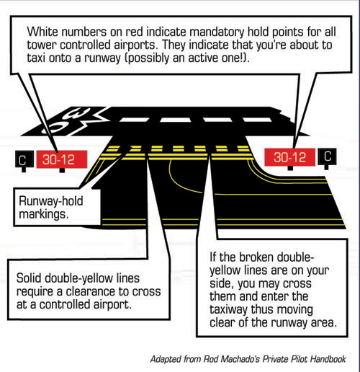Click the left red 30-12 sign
[x=62, y=159]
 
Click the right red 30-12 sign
[x=289, y=157]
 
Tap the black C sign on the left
[x=24, y=159]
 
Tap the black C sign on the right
[x=327, y=156]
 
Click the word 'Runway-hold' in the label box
[x=51, y=201]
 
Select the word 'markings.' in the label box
[x=44, y=214]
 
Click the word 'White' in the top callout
[x=42, y=32]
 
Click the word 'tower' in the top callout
[x=42, y=45]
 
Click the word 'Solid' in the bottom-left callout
[x=29, y=278]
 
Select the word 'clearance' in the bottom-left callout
[x=91, y=291]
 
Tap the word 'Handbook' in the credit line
[x=328, y=359]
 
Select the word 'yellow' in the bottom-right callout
[x=225, y=271]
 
